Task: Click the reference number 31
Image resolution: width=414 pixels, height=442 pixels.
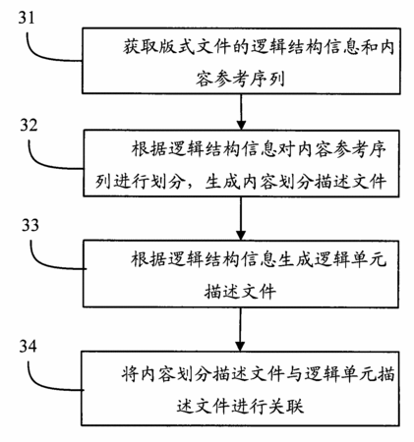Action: click(27, 18)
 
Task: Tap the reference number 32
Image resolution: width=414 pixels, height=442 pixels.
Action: click(29, 125)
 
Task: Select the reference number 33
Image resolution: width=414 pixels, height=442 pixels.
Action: click(30, 225)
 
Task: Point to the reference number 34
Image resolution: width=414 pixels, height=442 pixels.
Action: click(28, 346)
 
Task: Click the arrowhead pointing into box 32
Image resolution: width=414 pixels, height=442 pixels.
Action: click(241, 125)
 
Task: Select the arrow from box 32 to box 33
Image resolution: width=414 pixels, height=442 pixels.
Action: click(241, 218)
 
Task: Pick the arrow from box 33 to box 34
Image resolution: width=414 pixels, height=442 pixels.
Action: click(240, 329)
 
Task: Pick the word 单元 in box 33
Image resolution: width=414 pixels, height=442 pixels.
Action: click(369, 259)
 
